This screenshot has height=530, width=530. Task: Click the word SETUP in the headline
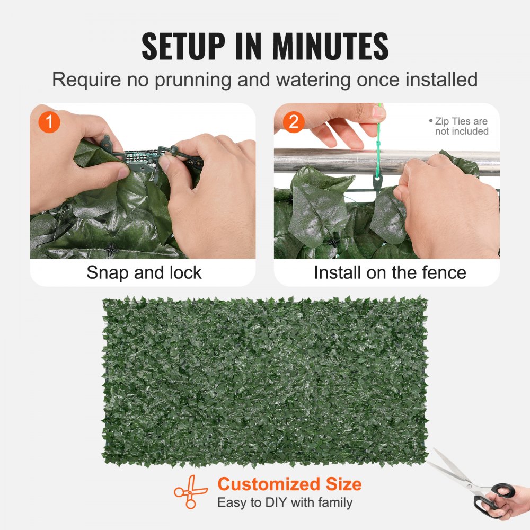pyautogui.click(x=183, y=46)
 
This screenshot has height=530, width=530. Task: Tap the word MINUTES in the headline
pyautogui.click(x=330, y=46)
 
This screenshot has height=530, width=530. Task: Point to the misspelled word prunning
pyautogui.click(x=193, y=81)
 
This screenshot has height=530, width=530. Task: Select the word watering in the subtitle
pyautogui.click(x=313, y=81)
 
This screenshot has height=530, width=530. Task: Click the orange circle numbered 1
pyautogui.click(x=49, y=122)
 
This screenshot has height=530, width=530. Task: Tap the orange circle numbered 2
pyautogui.click(x=294, y=122)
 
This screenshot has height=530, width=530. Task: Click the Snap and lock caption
pyautogui.click(x=144, y=272)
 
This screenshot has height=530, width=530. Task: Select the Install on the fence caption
pyautogui.click(x=390, y=272)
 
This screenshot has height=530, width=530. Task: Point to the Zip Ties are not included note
pyautogui.click(x=459, y=126)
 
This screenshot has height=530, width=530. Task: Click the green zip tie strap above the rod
pyautogui.click(x=378, y=135)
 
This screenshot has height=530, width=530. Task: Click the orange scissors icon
pyautogui.click(x=190, y=492)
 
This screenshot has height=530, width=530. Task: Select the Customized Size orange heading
pyautogui.click(x=290, y=484)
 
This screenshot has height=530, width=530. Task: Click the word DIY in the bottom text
pyautogui.click(x=276, y=502)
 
